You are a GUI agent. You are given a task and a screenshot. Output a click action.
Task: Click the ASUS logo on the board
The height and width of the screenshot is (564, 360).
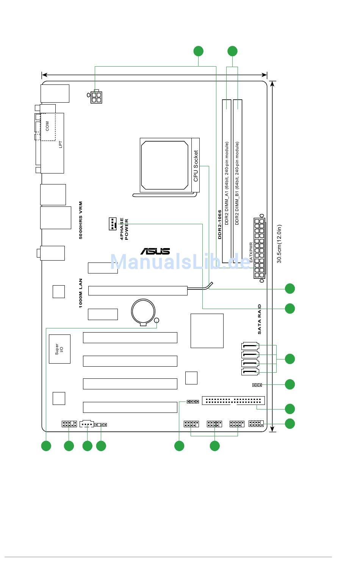(x=155, y=251)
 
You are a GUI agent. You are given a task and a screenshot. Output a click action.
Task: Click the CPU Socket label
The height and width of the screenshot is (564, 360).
(x=196, y=166)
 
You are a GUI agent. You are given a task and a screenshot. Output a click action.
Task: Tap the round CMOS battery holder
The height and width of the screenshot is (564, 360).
(x=143, y=312)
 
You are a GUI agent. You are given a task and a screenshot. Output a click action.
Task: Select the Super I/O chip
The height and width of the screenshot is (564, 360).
(x=59, y=349)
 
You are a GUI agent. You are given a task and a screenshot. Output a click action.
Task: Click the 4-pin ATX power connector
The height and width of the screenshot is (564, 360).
(x=96, y=97)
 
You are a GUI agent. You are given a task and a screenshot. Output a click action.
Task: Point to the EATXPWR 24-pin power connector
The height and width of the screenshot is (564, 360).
(x=259, y=248)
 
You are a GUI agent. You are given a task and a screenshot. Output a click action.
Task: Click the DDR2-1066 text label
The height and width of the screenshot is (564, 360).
(x=220, y=225)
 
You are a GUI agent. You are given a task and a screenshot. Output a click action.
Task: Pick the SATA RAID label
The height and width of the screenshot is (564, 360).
(x=259, y=319)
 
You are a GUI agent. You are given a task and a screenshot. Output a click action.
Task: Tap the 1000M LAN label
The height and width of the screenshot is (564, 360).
(x=81, y=293)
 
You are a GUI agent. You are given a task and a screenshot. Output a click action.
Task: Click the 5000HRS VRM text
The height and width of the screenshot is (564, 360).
(x=81, y=220)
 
